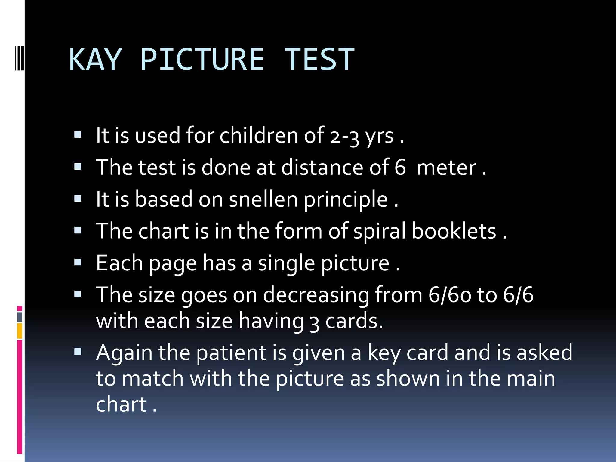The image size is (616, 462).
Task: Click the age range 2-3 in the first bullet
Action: point(344,136)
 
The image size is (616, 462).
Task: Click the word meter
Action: point(446,168)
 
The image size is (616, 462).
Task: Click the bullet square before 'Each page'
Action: point(78,263)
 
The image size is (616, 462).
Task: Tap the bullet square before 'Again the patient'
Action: point(78,352)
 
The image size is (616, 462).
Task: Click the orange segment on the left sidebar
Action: point(20,331)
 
